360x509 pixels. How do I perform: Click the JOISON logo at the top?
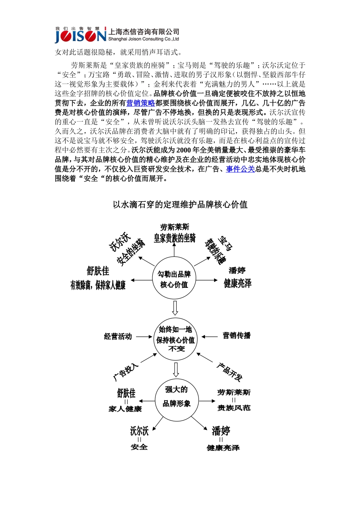click(80, 35)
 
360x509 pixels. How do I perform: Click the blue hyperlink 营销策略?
click(141, 103)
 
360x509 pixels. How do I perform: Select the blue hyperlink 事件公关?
click(240, 169)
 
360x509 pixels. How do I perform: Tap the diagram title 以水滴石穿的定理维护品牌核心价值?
click(180, 205)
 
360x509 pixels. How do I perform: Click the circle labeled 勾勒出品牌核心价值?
click(174, 279)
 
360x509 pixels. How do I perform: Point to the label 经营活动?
click(118, 336)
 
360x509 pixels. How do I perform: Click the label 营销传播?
click(236, 336)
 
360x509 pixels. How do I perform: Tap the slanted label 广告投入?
click(126, 372)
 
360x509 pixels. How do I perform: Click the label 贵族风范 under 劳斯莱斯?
click(234, 408)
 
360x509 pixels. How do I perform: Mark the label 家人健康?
click(125, 409)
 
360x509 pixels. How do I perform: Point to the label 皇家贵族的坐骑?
click(175, 238)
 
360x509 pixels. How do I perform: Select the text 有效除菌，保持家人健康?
click(98, 285)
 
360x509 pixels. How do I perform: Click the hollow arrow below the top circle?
click(175, 308)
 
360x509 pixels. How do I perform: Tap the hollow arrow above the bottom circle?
click(176, 370)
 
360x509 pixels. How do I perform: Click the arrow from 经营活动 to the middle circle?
click(144, 336)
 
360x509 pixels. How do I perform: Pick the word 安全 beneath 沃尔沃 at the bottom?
click(139, 447)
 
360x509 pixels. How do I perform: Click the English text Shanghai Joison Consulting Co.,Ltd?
click(144, 39)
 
